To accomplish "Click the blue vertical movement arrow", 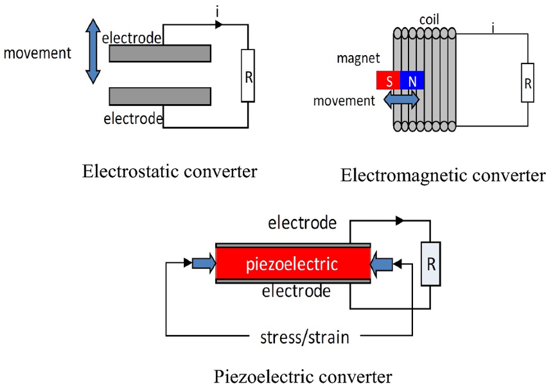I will point(93,51).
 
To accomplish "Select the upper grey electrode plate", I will point(160,53).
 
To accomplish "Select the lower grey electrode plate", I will point(160,96).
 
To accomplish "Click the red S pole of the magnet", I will point(387,80).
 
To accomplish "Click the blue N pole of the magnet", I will point(411,80).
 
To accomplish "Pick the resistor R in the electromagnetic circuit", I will point(527,83).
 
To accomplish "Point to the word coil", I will point(430,19).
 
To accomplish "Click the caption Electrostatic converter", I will point(170,171).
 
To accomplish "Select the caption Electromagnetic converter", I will point(443,175).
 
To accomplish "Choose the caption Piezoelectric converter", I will point(303,375).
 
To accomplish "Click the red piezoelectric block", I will point(293,264).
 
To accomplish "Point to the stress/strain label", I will point(304,336).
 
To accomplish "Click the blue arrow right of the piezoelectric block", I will point(383,263).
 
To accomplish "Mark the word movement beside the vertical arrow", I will point(38,52).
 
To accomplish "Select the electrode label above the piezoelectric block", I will point(302,223).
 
